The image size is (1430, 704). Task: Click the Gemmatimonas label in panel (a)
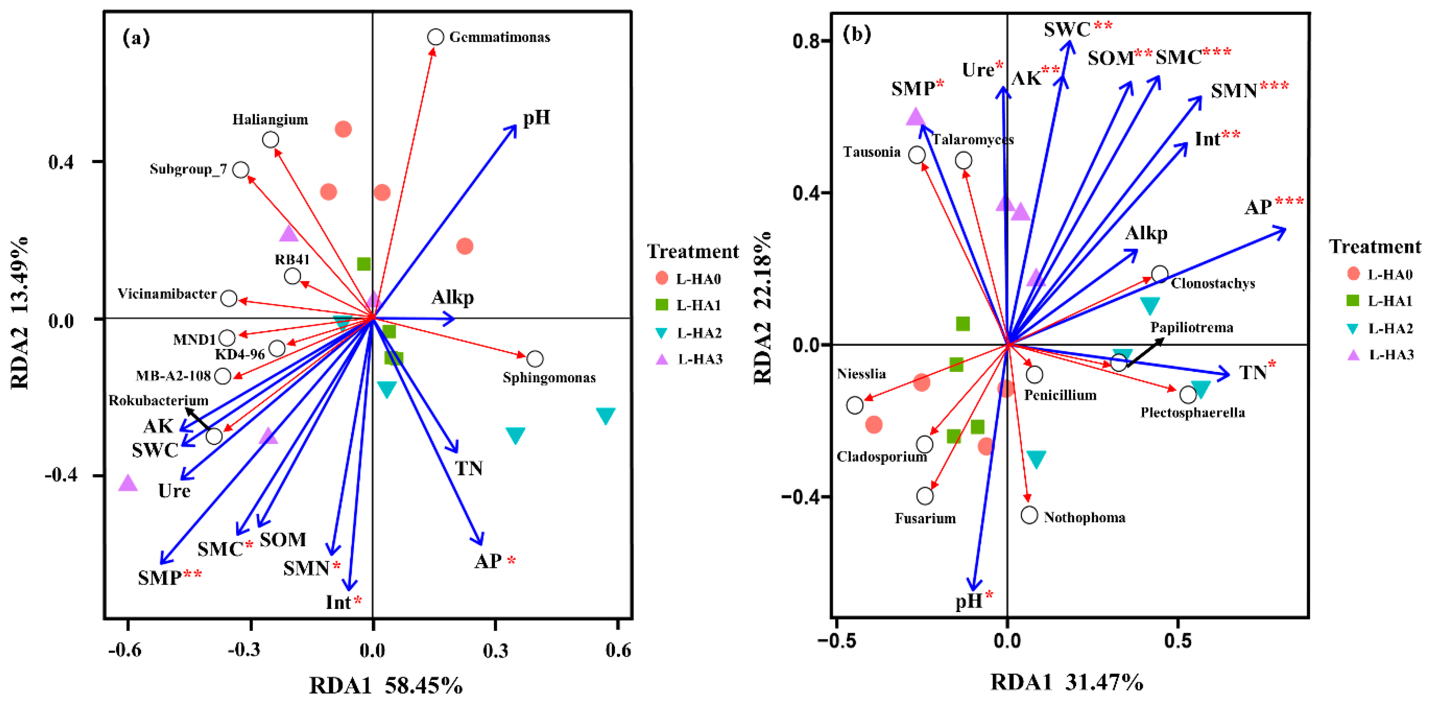[x=499, y=37]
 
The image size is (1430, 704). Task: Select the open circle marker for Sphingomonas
[x=535, y=359]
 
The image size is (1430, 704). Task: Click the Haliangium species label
[x=270, y=120]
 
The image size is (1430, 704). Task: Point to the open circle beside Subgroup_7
[x=240, y=169]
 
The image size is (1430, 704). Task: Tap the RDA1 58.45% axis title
[x=385, y=685]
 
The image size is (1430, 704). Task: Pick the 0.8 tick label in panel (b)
[x=806, y=41]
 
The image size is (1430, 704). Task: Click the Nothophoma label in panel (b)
[x=1084, y=517]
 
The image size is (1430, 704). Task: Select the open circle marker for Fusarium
[x=924, y=496]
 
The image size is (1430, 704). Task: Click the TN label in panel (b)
[x=1253, y=372]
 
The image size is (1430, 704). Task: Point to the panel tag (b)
[x=857, y=34]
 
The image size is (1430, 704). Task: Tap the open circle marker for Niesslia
[x=854, y=405]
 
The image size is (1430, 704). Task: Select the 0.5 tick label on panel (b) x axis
[x=1177, y=641]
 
